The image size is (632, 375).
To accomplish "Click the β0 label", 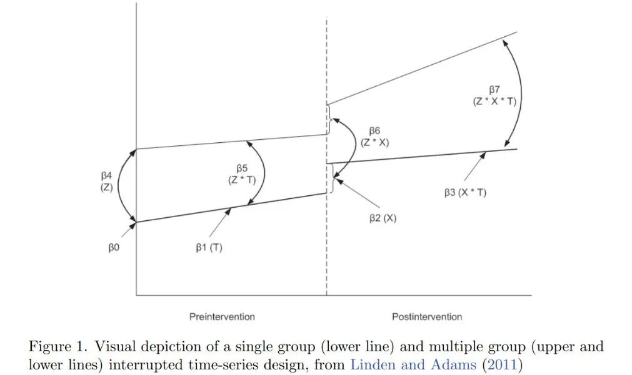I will coord(113,247).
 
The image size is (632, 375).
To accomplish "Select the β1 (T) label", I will coord(208,247).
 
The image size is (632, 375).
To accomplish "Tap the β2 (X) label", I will coord(382,218).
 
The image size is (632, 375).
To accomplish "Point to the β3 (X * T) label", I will coord(465,193).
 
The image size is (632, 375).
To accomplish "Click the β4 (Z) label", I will coord(106,181).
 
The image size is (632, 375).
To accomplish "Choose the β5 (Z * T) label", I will coord(241,174).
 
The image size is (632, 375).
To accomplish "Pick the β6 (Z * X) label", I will coord(374,136).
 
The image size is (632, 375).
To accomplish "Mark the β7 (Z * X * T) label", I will coord(494,95).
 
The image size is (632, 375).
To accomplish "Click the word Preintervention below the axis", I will coord(222,317).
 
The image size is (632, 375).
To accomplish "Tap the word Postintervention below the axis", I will coord(427,317).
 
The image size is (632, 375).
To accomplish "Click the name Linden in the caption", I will coord(371,365).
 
